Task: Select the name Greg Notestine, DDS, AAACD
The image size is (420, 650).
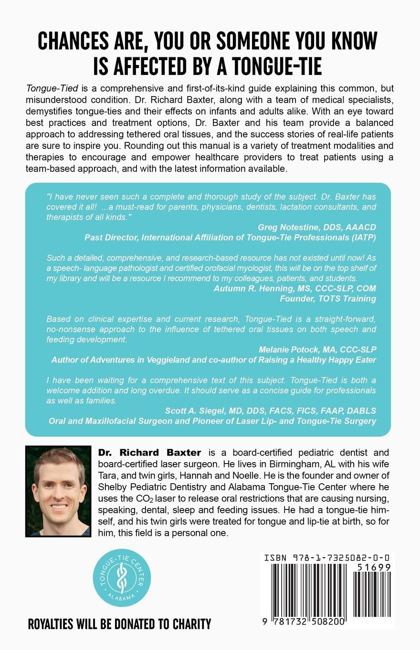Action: point(317,227)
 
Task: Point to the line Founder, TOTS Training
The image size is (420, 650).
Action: point(328,298)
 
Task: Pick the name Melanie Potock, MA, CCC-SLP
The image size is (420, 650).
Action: point(317,349)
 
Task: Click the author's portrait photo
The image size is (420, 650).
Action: point(58,491)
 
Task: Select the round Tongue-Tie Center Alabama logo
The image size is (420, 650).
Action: point(118,577)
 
